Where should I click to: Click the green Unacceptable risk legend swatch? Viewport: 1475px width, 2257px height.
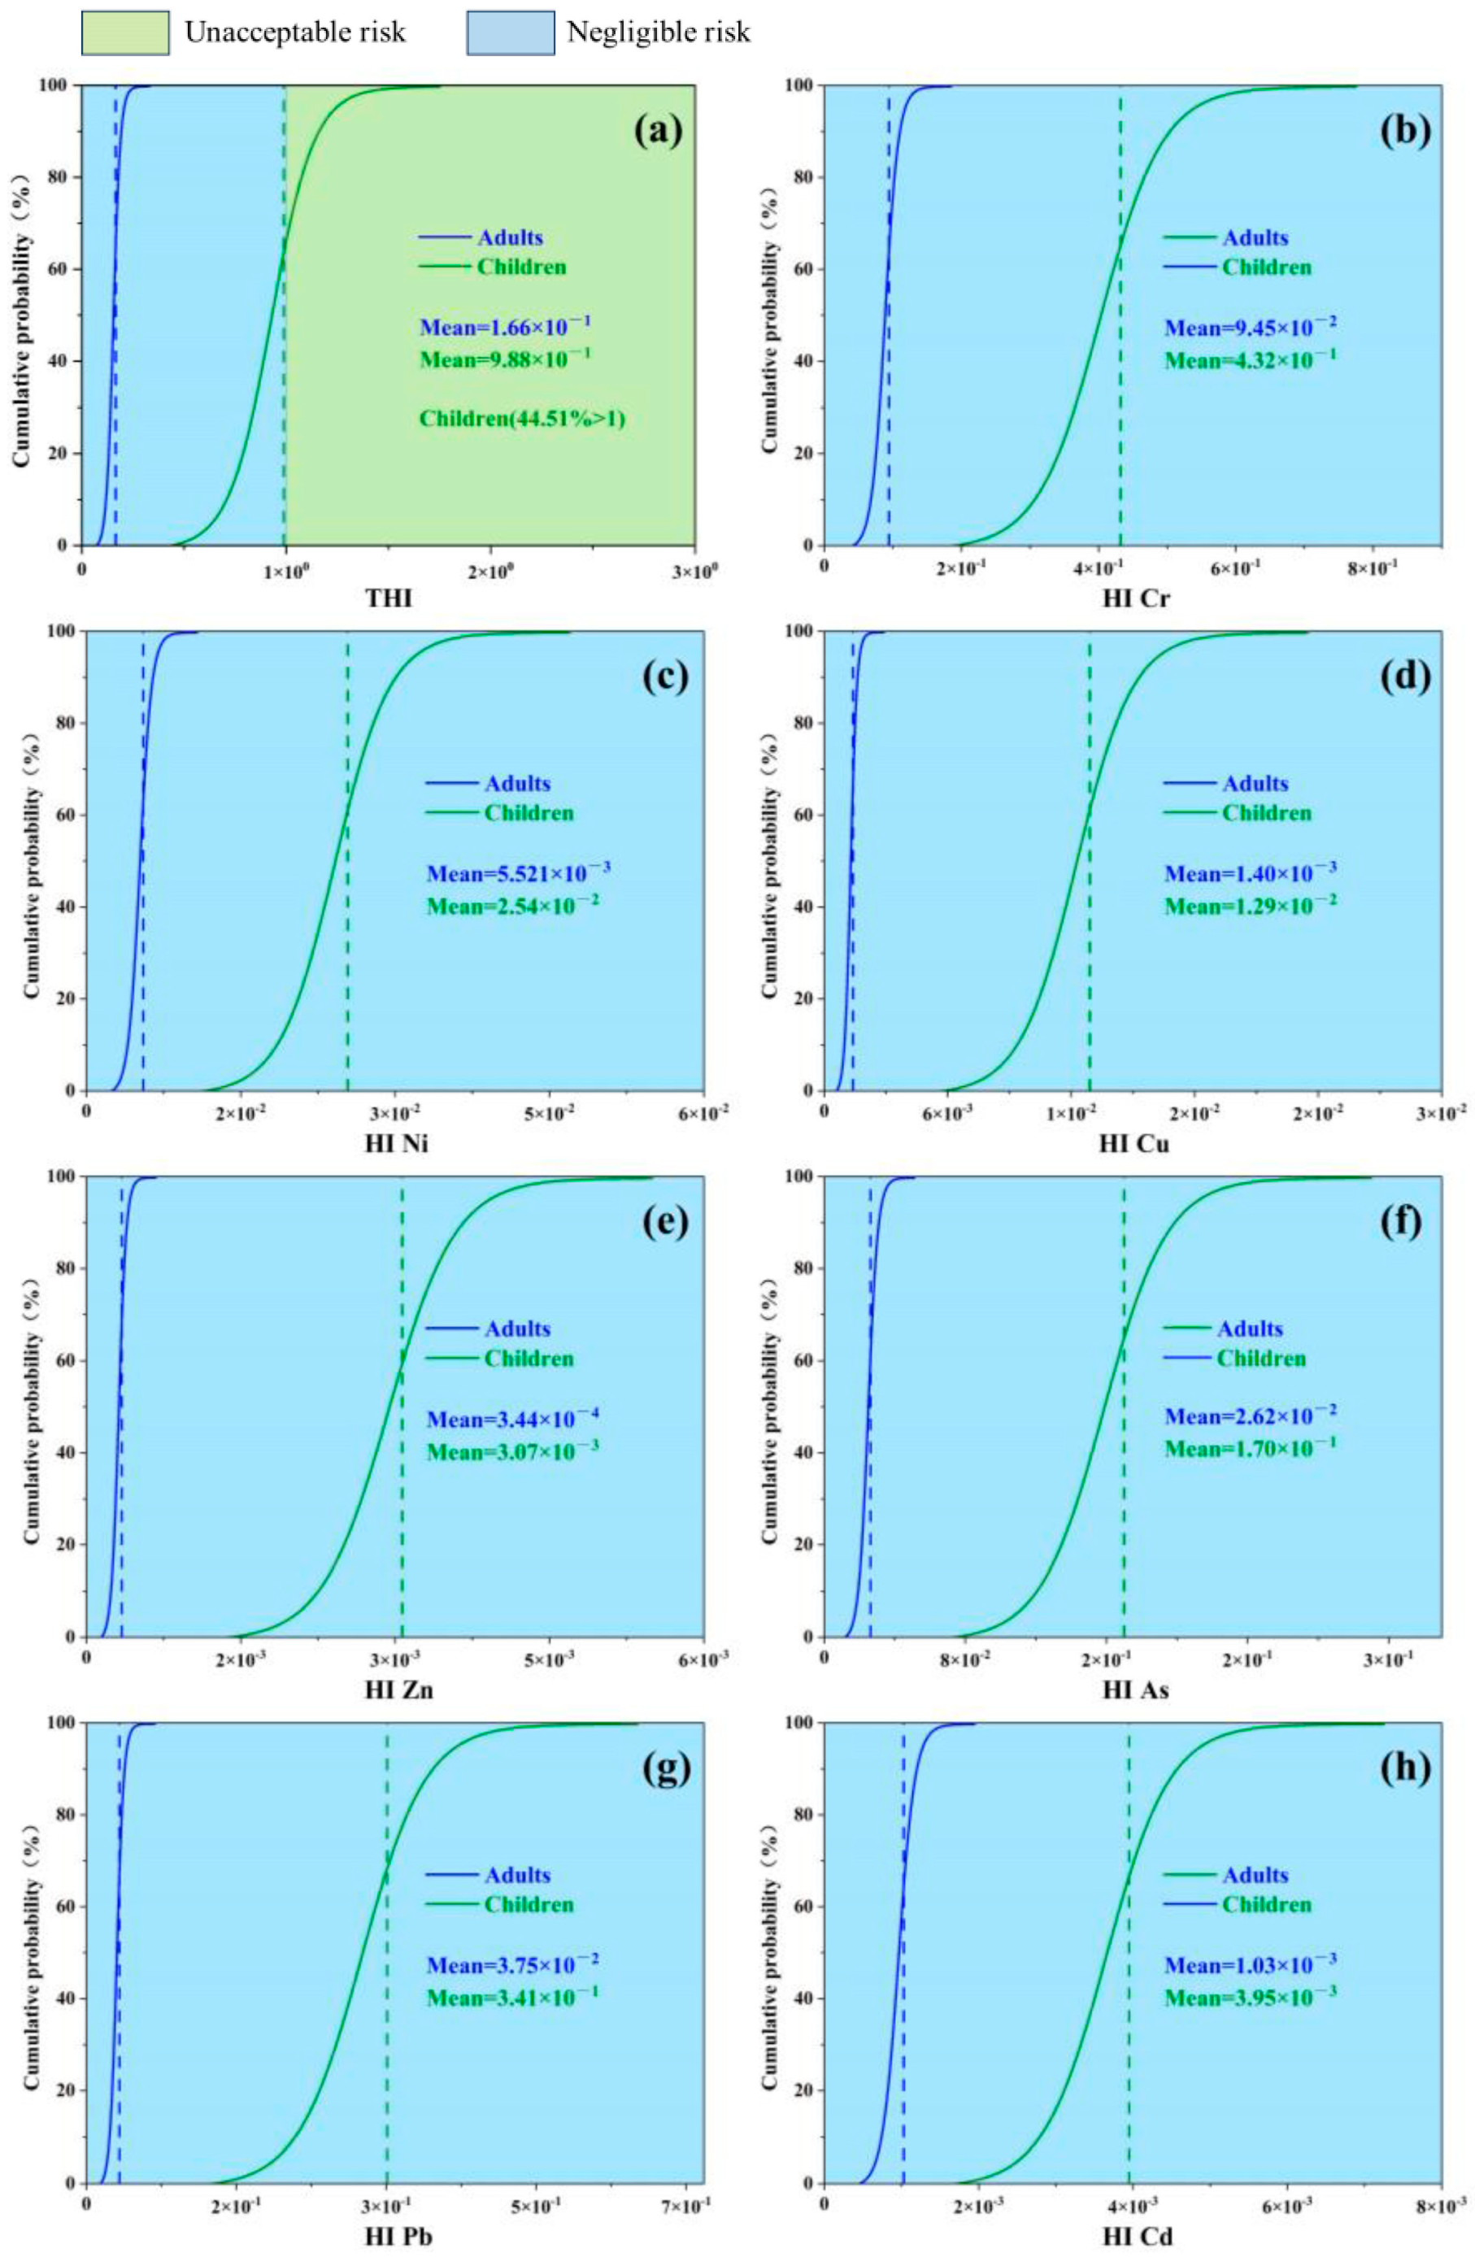(125, 33)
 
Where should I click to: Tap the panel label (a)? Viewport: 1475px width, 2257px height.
(657, 130)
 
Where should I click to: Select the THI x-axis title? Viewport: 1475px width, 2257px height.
(389, 598)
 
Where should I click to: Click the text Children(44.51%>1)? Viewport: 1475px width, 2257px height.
(522, 418)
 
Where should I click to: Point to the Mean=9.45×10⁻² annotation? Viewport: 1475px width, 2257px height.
(1251, 327)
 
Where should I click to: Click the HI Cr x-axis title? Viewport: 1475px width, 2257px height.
(1134, 598)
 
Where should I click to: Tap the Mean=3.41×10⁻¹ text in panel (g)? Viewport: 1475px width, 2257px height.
(512, 1997)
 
